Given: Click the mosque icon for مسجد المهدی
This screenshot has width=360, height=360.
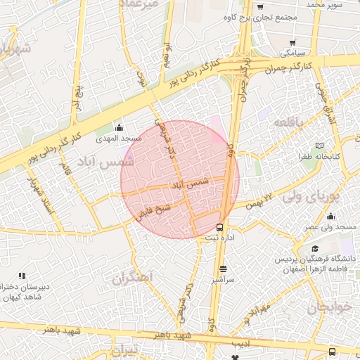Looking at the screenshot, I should click(118, 127).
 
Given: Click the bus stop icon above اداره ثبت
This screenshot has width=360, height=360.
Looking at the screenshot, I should click(221, 227).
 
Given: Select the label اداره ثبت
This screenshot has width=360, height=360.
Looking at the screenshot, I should click(220, 238).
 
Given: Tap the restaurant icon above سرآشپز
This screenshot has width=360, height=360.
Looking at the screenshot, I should click(224, 269).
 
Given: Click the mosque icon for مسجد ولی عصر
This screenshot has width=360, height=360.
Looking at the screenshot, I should click(330, 216).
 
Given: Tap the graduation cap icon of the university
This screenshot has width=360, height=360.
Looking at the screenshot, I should click(315, 249).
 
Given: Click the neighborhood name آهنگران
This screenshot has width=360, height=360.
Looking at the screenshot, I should click(132, 277).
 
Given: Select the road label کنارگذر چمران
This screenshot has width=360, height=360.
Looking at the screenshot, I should click(289, 67).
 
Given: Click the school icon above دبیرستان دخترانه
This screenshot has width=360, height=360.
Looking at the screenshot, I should click(22, 276).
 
